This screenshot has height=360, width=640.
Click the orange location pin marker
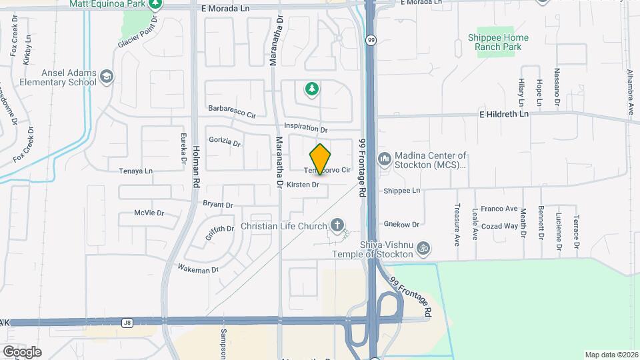(321, 159)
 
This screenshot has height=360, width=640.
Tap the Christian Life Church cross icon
(338, 226)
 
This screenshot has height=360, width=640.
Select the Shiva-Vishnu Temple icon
(422, 249)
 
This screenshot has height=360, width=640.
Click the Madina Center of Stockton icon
(384, 160)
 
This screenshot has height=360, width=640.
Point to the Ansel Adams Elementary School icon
(107, 77)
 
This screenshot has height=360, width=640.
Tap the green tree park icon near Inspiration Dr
(311, 89)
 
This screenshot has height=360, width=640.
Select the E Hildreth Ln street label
(503, 114)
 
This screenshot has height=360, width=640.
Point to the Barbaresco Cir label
(232, 111)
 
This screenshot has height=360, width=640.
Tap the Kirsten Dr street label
(303, 184)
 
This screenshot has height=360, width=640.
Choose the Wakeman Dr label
(198, 269)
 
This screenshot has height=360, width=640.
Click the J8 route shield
(127, 322)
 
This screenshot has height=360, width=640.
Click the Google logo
(22, 351)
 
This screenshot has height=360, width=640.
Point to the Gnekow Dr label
(401, 225)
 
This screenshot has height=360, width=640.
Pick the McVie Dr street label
(149, 213)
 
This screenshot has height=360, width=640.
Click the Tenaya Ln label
(135, 171)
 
